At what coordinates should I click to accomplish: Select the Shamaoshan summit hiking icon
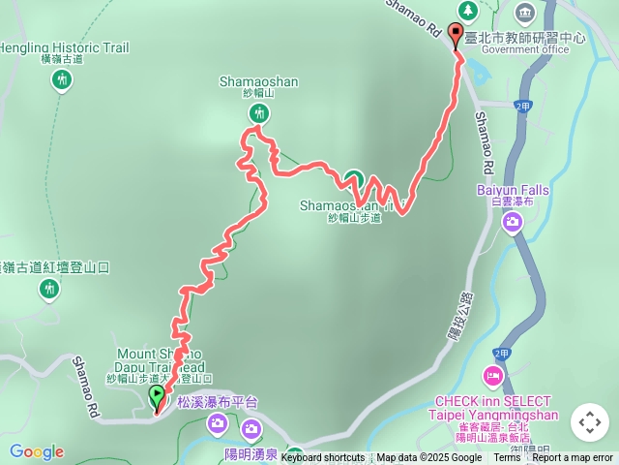click(x=257, y=114)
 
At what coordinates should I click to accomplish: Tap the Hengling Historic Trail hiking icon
click(x=62, y=79)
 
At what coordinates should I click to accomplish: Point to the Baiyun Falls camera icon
click(x=513, y=224)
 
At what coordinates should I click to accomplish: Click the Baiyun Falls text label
click(x=513, y=190)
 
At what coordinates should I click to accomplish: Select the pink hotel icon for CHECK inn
click(x=493, y=375)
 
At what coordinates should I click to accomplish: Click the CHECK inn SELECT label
click(x=493, y=401)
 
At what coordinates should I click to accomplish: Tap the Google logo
click(x=36, y=451)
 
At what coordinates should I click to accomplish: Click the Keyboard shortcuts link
click(x=323, y=458)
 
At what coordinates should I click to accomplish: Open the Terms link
click(x=507, y=458)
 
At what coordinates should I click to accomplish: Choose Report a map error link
click(x=573, y=458)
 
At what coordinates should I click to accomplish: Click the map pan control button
click(x=590, y=422)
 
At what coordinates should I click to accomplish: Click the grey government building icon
click(x=525, y=13)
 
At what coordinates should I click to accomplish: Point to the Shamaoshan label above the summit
click(x=257, y=82)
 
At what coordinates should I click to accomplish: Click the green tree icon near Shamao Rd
click(x=468, y=10)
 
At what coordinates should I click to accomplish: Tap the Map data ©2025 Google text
click(x=428, y=458)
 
